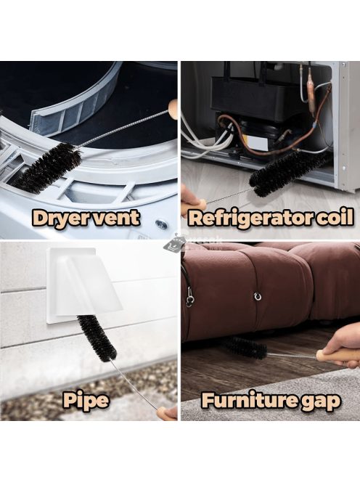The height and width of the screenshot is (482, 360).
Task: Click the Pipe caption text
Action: click(86, 401)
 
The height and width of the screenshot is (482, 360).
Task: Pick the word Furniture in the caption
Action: click(247, 400)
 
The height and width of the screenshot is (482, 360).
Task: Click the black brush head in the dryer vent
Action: click(48, 168)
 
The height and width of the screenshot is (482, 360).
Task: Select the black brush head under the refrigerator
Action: click(288, 173)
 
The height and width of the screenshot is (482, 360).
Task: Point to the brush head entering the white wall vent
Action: click(97, 338)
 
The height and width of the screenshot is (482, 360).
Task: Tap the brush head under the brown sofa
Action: click(246, 348)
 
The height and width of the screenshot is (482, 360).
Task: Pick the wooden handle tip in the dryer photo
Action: click(173, 110)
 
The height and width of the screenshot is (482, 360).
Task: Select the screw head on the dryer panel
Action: click(161, 224)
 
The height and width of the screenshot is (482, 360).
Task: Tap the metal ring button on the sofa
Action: click(257, 296)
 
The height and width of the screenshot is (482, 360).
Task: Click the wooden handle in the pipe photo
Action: click(167, 414)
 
